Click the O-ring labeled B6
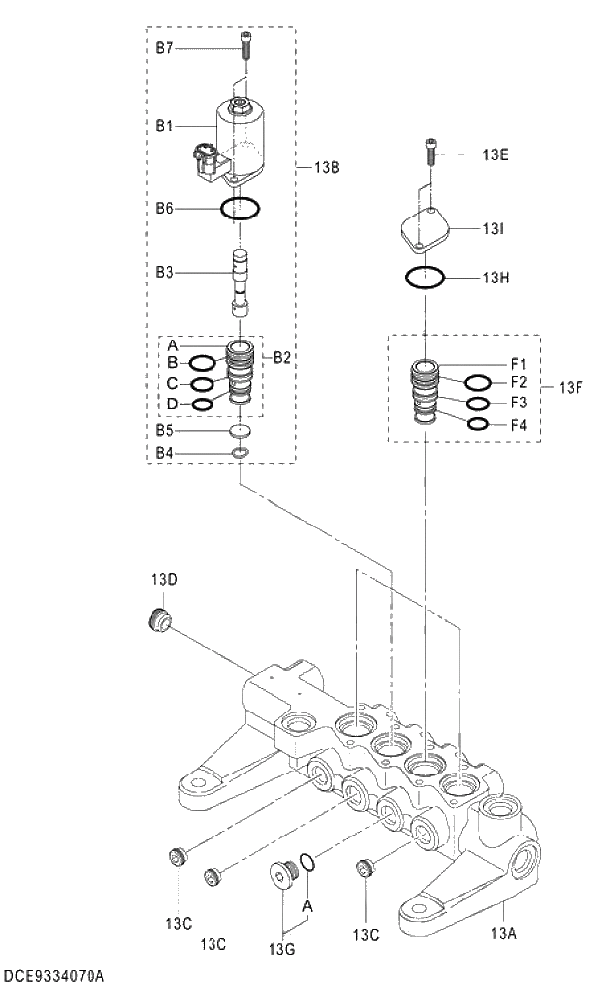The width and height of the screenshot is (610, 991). click(x=240, y=208)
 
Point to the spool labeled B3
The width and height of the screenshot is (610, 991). click(x=239, y=281)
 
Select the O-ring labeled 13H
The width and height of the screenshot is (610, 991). click(x=424, y=279)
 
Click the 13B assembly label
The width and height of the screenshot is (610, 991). click(x=327, y=168)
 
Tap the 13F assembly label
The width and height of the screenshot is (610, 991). click(x=574, y=386)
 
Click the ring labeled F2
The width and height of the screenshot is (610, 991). click(x=478, y=382)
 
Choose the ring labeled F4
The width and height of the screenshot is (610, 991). click(x=478, y=424)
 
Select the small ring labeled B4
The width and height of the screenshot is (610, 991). click(x=240, y=453)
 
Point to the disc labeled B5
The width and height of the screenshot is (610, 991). click(x=240, y=432)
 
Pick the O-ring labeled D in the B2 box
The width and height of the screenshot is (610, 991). click(x=201, y=403)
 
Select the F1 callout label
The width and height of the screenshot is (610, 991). click(x=518, y=362)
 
